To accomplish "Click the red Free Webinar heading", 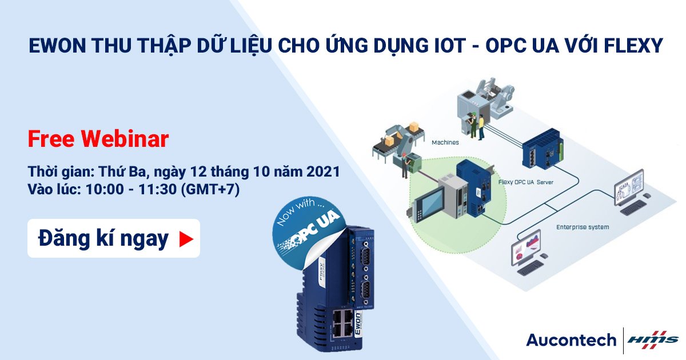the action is point(98,139).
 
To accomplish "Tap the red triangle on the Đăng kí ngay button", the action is point(186,239).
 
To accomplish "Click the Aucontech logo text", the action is point(572,340).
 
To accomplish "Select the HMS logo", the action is point(653,340).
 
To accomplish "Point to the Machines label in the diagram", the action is point(445,142).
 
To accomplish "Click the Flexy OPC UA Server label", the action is point(525,182).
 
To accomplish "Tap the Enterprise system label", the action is point(583,227).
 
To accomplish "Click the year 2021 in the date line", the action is point(323,171).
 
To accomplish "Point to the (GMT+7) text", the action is point(210,189).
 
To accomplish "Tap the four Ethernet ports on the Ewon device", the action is point(342,323).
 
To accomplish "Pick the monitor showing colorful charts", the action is point(526,247).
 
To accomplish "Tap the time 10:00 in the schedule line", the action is point(105,189).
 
